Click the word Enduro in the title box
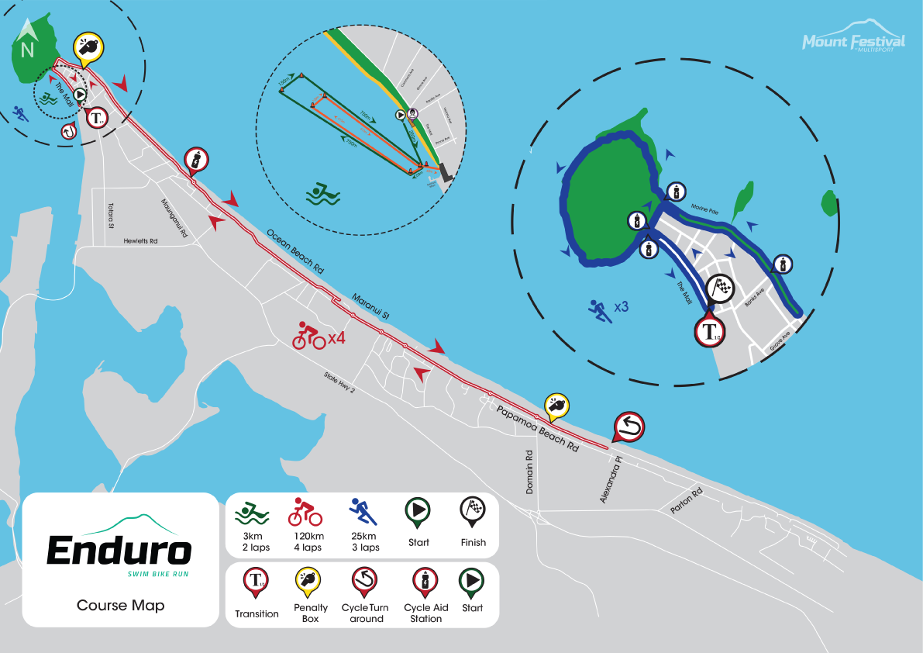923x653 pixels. click(119, 550)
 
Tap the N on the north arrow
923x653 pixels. click(27, 50)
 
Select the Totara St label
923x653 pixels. click(111, 216)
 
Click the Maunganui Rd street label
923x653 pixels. click(174, 219)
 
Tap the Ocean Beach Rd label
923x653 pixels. click(294, 249)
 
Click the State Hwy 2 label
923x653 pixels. click(339, 382)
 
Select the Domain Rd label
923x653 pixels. click(529, 472)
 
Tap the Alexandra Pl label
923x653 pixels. click(611, 480)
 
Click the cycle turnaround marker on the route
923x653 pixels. click(628, 427)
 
